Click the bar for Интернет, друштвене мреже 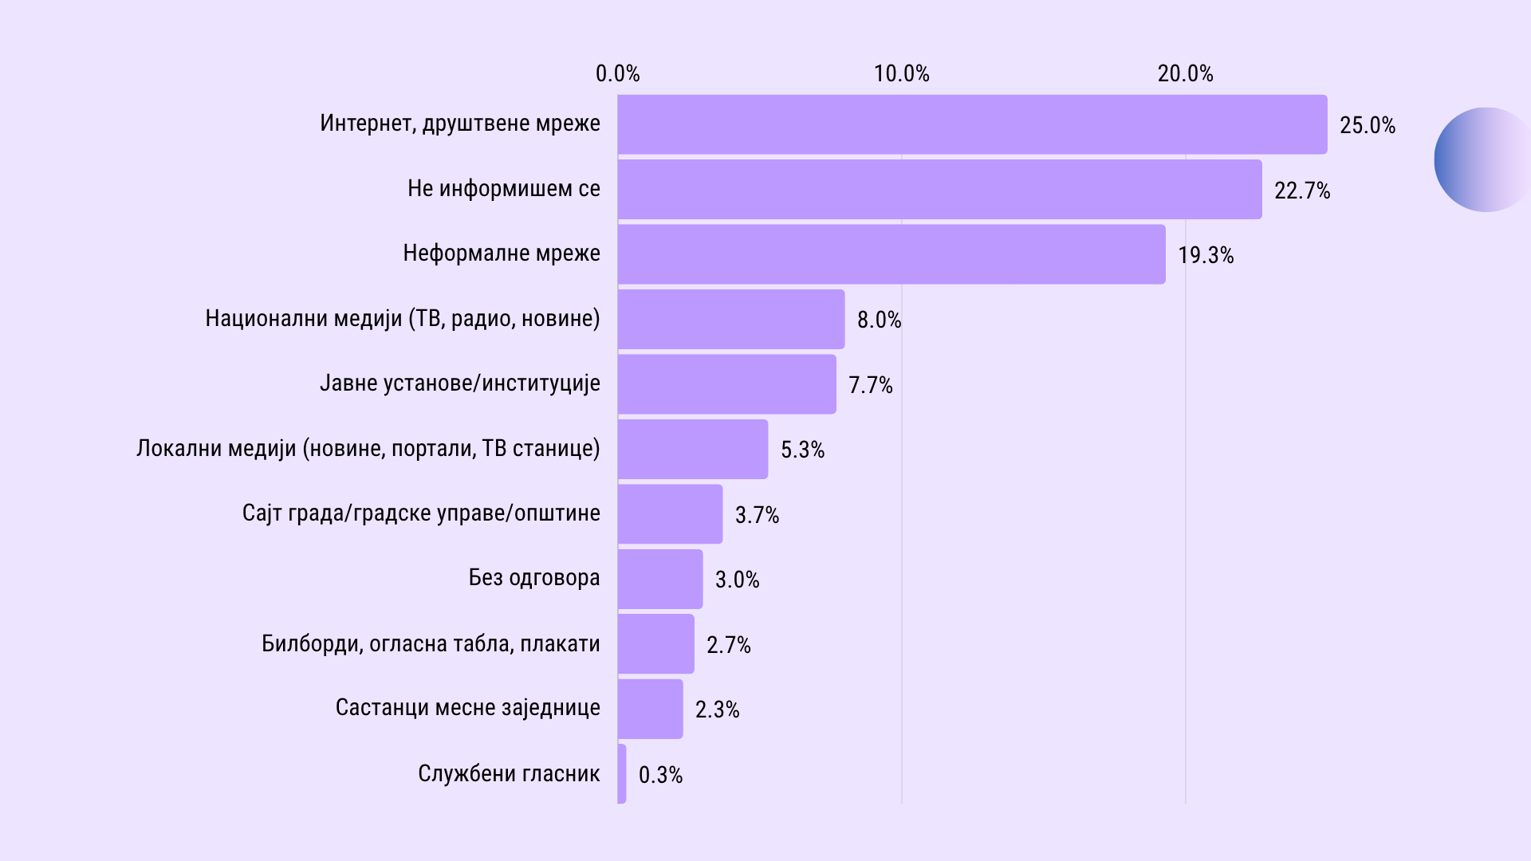[x=972, y=124]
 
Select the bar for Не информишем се [x=939, y=189]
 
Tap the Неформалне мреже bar [x=891, y=254]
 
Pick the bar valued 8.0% [x=730, y=319]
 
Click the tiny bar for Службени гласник [x=622, y=773]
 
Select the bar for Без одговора [x=660, y=579]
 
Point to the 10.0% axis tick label [x=901, y=74]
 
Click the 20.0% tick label [x=1185, y=74]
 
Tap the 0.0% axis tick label [x=617, y=74]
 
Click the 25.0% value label [x=1368, y=126]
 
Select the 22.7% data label [x=1302, y=191]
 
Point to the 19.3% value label [x=1206, y=256]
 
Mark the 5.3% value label [x=802, y=450]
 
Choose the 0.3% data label [x=660, y=775]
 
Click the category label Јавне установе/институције [x=460, y=383]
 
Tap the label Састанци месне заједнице [x=467, y=708]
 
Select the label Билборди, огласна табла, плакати [x=431, y=643]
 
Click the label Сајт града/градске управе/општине [x=421, y=513]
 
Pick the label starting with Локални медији [x=368, y=449]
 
